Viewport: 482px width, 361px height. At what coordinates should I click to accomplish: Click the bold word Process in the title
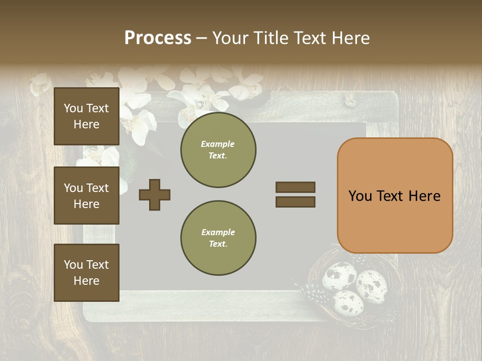(x=158, y=38)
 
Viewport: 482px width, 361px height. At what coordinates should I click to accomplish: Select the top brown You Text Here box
(x=86, y=116)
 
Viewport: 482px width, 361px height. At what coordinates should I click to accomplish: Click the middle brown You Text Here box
(x=86, y=196)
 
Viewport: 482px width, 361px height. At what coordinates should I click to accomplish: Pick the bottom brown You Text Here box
(x=86, y=272)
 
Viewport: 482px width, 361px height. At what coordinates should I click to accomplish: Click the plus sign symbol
(x=155, y=195)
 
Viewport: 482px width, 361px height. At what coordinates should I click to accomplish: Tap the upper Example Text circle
(x=218, y=150)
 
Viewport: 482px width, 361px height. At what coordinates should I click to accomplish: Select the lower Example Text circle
(x=218, y=238)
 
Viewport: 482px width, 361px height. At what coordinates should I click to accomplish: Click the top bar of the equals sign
(x=295, y=187)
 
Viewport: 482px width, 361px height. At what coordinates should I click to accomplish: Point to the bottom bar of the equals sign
(x=295, y=202)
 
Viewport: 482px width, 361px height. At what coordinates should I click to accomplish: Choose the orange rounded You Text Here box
(x=395, y=196)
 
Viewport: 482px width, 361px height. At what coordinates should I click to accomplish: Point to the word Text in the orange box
(x=395, y=196)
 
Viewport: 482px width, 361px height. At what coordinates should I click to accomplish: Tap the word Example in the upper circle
(x=218, y=144)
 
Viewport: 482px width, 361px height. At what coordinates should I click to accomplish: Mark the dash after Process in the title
(x=201, y=39)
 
